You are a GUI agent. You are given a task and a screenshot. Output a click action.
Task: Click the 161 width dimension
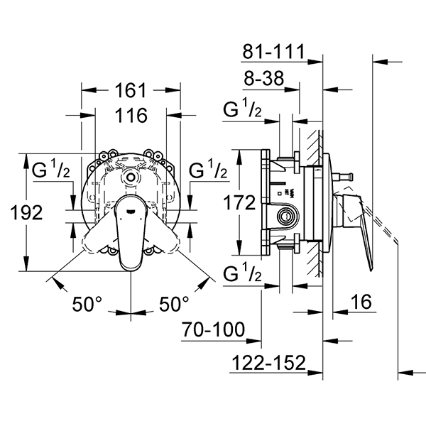tap(131, 90)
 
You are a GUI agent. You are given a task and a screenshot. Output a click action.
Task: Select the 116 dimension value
tap(131, 115)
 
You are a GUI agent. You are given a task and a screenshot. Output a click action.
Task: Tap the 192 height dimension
tap(27, 212)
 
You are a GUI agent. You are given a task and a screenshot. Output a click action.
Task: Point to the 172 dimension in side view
tap(239, 202)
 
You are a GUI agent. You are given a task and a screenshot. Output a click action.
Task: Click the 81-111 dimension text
tap(274, 51)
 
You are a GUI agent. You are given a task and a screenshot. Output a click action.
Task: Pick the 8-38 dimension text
tap(264, 78)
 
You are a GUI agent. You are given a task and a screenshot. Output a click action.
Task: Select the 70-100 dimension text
tap(213, 329)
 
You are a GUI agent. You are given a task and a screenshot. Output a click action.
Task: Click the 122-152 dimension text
tap(269, 362)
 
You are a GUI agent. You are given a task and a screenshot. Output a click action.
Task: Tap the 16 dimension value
tap(361, 302)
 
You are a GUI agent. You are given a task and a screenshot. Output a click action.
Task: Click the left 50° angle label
tap(87, 303)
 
